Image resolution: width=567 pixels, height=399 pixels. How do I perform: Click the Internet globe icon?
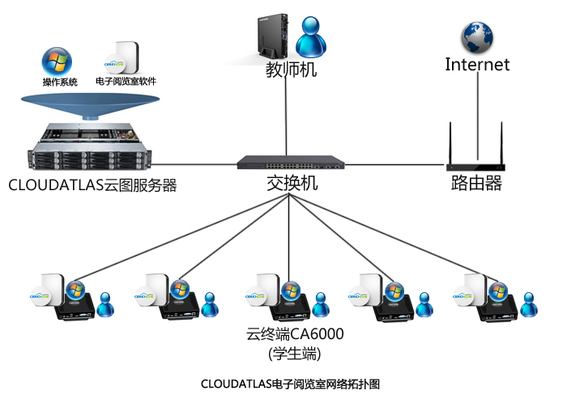click(x=477, y=37)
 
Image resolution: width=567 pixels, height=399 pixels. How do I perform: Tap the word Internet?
click(x=477, y=65)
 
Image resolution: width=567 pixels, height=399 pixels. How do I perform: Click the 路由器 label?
click(x=476, y=183)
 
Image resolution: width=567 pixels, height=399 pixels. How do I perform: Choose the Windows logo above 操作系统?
click(x=57, y=61)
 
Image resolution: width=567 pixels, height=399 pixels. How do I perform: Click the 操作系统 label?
click(x=60, y=82)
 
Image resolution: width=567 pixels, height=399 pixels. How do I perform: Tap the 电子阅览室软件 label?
click(x=126, y=82)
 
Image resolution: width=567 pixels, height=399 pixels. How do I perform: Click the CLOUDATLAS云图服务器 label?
click(x=92, y=185)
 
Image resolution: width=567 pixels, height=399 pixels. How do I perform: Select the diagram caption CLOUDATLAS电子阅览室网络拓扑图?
click(x=290, y=383)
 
